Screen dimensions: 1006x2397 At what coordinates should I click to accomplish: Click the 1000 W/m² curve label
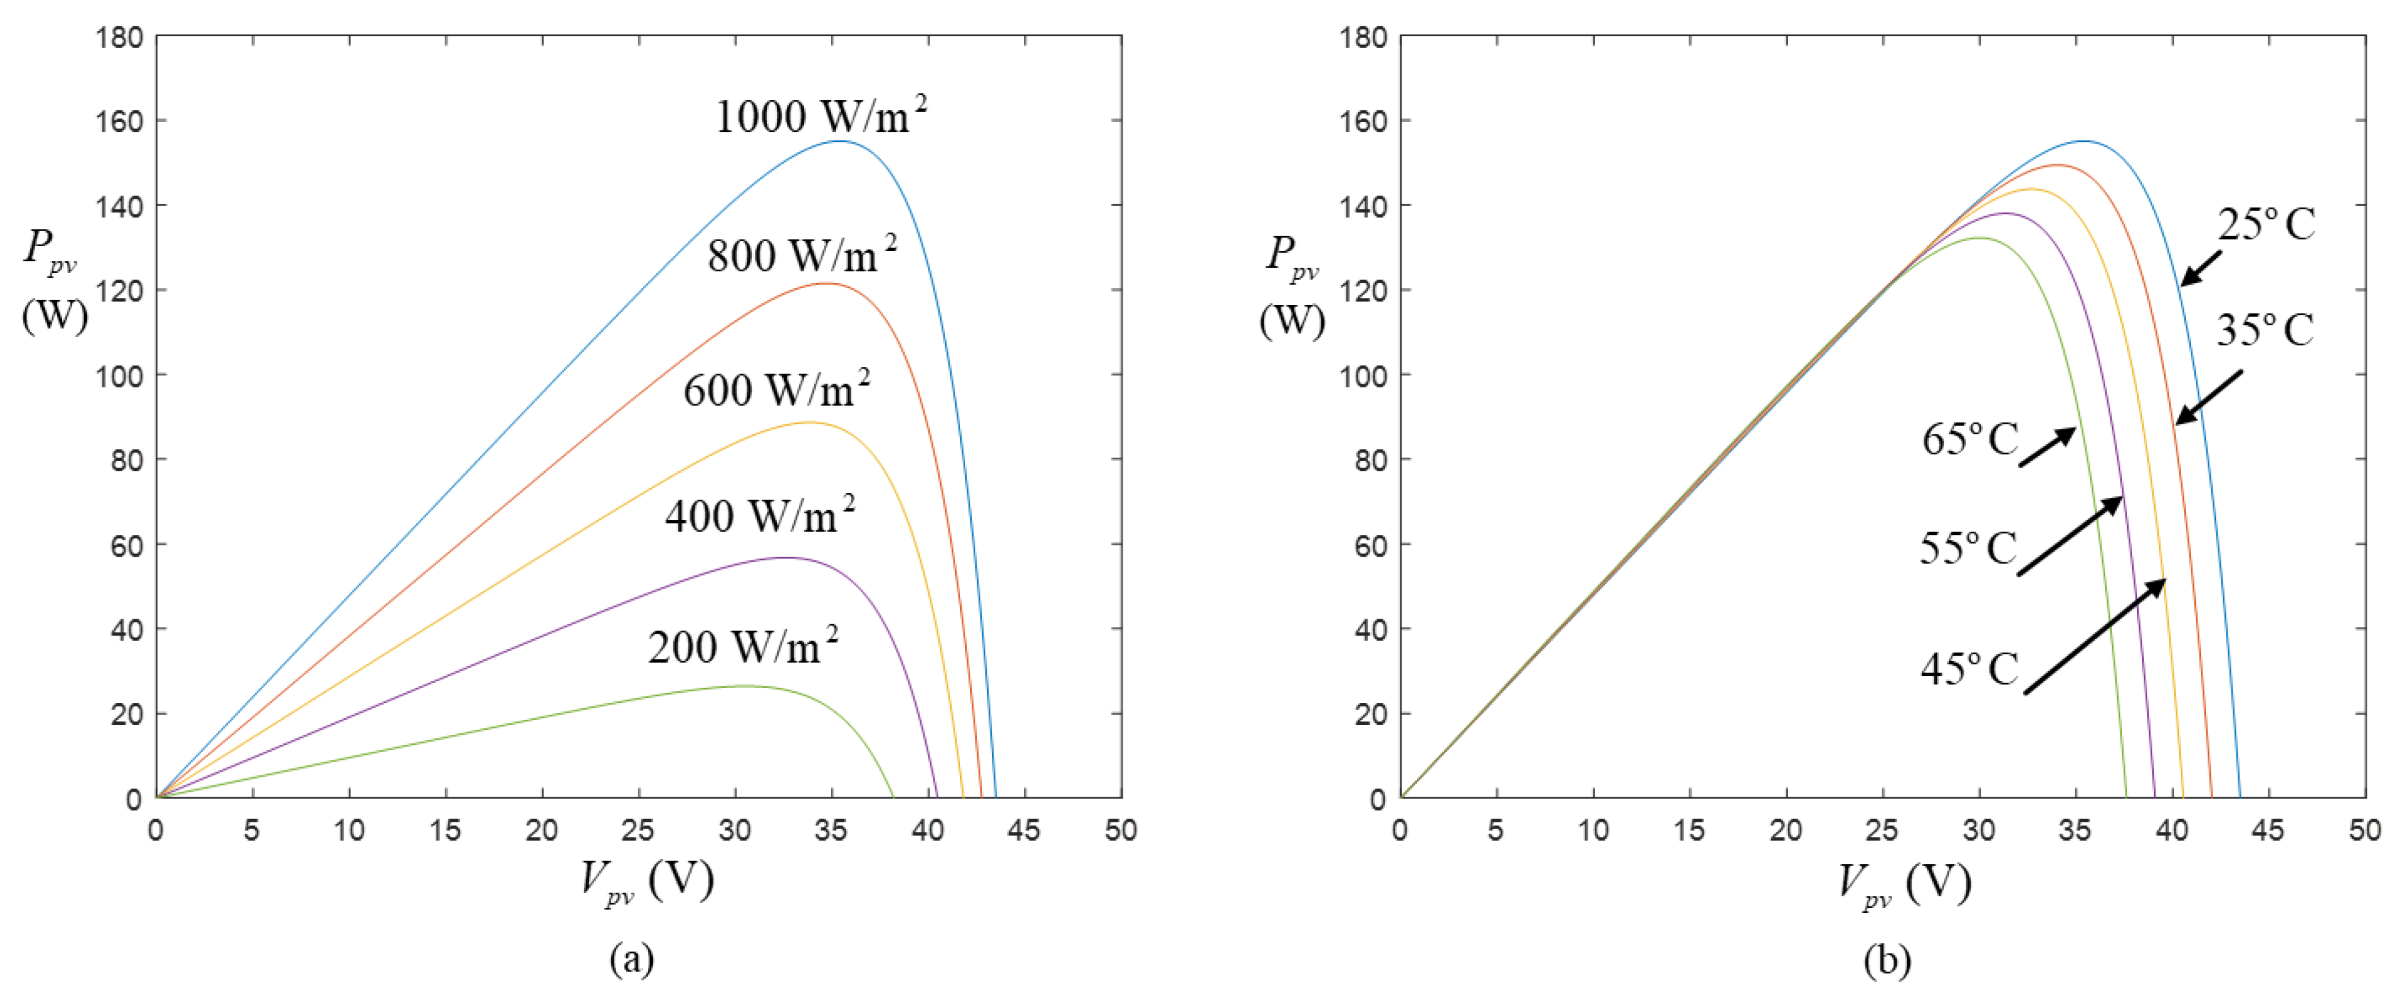point(821,116)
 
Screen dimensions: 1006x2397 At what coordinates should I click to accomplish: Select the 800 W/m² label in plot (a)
point(802,255)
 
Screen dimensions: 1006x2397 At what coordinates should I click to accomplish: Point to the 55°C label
point(1967,548)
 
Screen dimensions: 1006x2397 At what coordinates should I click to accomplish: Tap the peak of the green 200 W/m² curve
point(745,686)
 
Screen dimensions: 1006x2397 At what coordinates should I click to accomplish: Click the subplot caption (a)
point(632,959)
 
